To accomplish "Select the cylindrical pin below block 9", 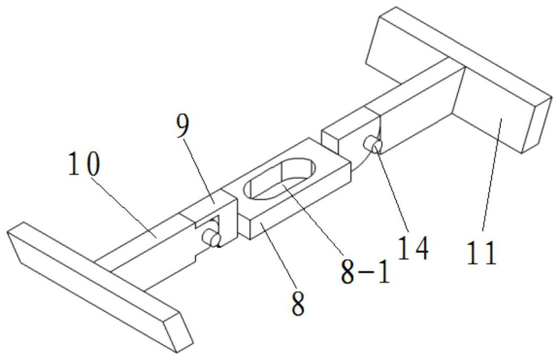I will pos(210,237).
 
